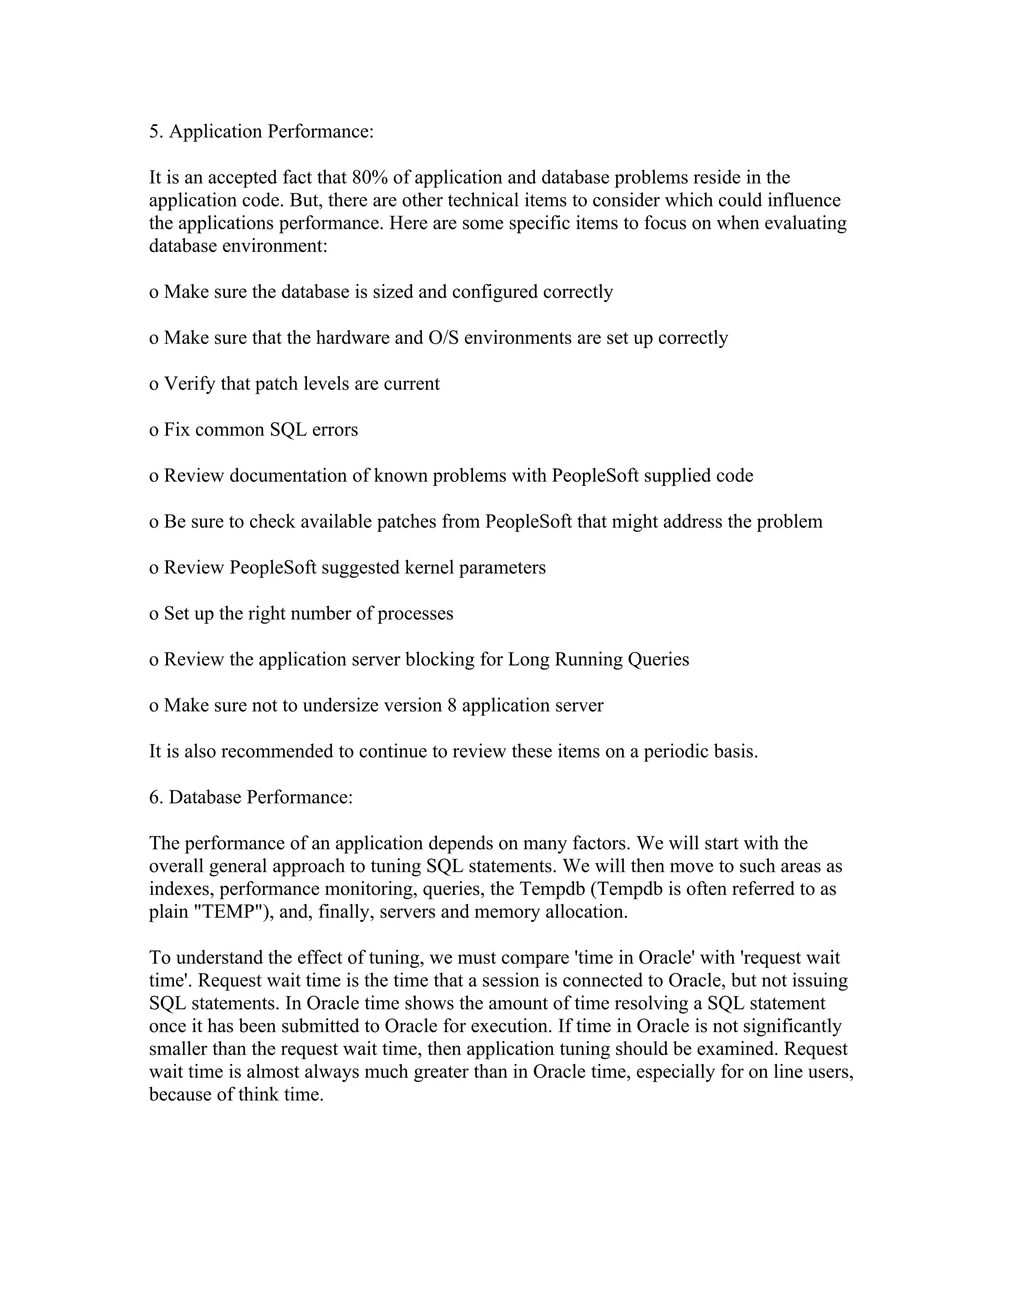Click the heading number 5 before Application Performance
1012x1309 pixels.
[154, 131]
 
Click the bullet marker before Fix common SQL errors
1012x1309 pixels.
[154, 430]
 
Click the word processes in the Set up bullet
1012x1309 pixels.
[415, 614]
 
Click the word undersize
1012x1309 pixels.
[340, 705]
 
